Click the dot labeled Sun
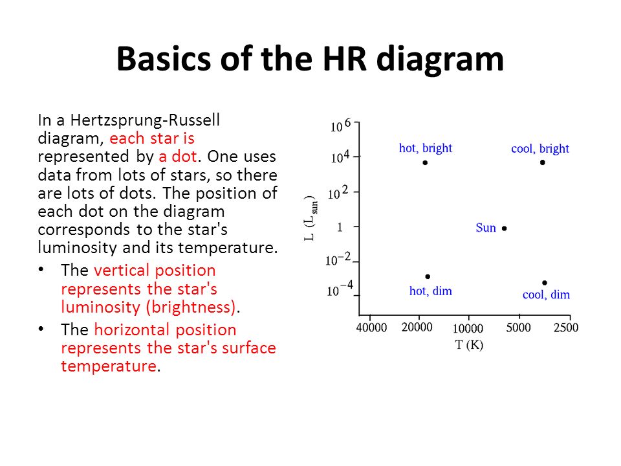tap(504, 228)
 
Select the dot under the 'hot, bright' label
tap(425, 162)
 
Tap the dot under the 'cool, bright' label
tap(543, 162)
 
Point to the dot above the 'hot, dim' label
tap(428, 276)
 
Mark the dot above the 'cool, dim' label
tap(545, 283)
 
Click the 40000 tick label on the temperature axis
tap(371, 327)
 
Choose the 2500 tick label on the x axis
tap(566, 327)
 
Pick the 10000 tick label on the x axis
tap(468, 329)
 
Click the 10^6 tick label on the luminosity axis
tap(341, 125)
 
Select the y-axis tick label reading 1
tap(340, 227)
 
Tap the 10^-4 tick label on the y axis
tap(340, 289)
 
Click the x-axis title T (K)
tap(470, 345)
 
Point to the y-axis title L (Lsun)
tap(311, 218)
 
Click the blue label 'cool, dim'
tap(546, 295)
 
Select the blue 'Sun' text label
tap(486, 228)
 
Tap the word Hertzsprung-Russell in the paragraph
tap(145, 120)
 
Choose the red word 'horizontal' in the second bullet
tap(132, 329)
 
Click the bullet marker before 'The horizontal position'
tap(41, 329)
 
